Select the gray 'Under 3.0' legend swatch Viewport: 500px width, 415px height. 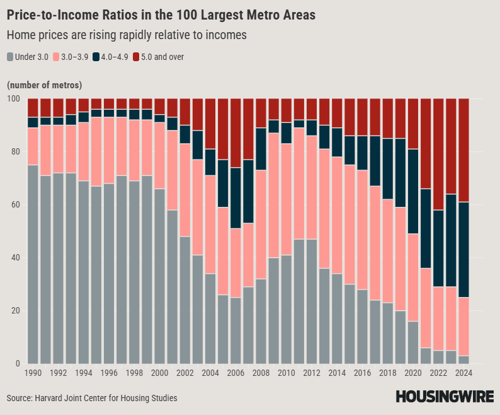[x=10, y=57]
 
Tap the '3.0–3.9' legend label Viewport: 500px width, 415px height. [x=75, y=57]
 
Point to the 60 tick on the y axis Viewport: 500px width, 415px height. [x=14, y=205]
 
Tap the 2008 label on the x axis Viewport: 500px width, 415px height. [x=261, y=373]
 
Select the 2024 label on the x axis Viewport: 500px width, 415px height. [x=463, y=373]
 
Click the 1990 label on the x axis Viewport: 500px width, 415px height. [x=33, y=373]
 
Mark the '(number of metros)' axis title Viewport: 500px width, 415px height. [x=44, y=85]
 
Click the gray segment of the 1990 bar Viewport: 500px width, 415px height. [x=33, y=265]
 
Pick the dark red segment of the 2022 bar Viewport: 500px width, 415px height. [x=438, y=155]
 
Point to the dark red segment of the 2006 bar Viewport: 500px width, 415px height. [x=236, y=133]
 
